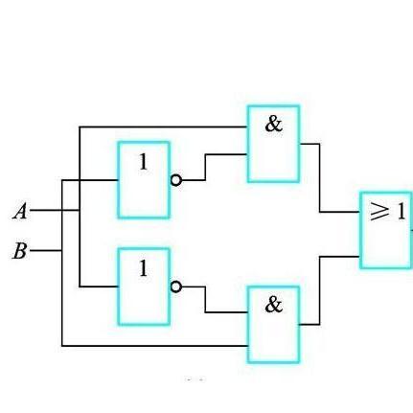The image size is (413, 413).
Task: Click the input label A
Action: pyautogui.click(x=20, y=212)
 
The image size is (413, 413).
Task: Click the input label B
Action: pyautogui.click(x=20, y=251)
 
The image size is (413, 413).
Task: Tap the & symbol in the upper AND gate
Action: pyautogui.click(x=274, y=125)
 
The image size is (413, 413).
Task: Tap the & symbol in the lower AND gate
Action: pyautogui.click(x=274, y=305)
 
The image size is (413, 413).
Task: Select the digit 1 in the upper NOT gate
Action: pyautogui.click(x=144, y=162)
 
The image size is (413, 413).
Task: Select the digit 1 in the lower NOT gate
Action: pyautogui.click(x=144, y=268)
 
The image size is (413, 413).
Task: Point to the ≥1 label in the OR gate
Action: pyautogui.click(x=387, y=211)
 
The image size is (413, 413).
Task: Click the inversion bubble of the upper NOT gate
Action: pyautogui.click(x=175, y=180)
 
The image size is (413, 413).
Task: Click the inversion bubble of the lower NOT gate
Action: pyautogui.click(x=175, y=287)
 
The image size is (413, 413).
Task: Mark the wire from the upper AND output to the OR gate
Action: pyautogui.click(x=320, y=179)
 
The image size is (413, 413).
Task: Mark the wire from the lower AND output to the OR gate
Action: pyautogui.click(x=320, y=289)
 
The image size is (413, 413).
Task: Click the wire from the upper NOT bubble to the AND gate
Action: pyautogui.click(x=205, y=168)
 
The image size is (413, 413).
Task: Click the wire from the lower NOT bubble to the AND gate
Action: pyautogui.click(x=205, y=300)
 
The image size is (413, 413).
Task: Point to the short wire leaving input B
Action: pyautogui.click(x=45, y=250)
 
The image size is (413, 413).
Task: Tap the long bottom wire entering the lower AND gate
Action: pyautogui.click(x=154, y=346)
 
